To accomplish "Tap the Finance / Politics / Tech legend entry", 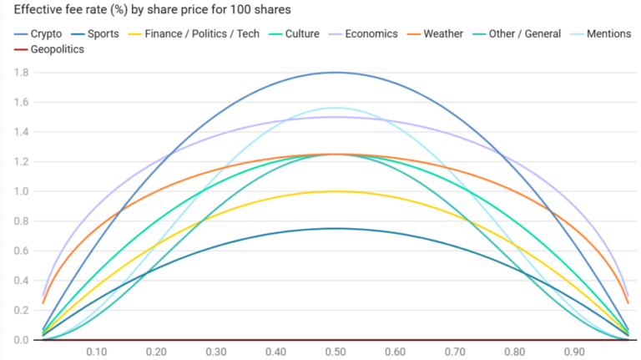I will coord(201,34).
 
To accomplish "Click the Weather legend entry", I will coord(452,34).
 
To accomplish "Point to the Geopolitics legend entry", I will coord(57,49).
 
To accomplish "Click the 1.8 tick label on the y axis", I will coord(20,73).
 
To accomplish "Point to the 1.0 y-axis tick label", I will coord(20,191).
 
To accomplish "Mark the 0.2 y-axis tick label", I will coord(20,311).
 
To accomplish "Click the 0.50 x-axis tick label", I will coord(336,352).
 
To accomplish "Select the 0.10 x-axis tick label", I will coord(96,352).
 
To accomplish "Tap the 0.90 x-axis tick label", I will coord(574,352).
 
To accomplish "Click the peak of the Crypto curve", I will coord(336,72).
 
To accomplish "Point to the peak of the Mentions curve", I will coord(336,108).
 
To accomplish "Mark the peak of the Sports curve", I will coord(336,228).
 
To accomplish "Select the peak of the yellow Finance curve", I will coord(336,191).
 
